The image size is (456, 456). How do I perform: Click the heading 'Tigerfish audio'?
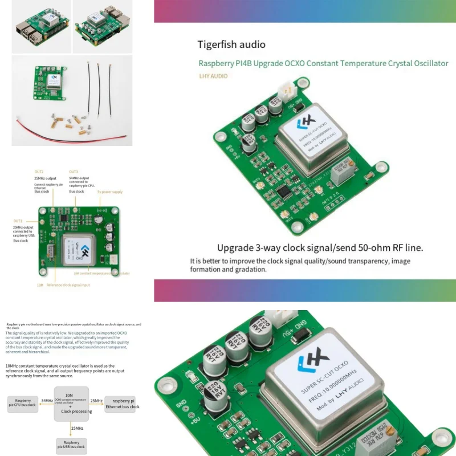231,44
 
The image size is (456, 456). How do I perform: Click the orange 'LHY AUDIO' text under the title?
213,76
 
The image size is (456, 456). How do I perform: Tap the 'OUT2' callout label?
39,171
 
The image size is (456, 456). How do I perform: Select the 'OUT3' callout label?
74,171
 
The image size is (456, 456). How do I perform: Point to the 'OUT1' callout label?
18,221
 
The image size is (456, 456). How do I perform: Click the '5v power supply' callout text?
109,192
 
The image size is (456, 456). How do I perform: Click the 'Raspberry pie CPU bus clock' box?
23,404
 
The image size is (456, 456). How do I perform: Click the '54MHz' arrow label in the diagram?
47,401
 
